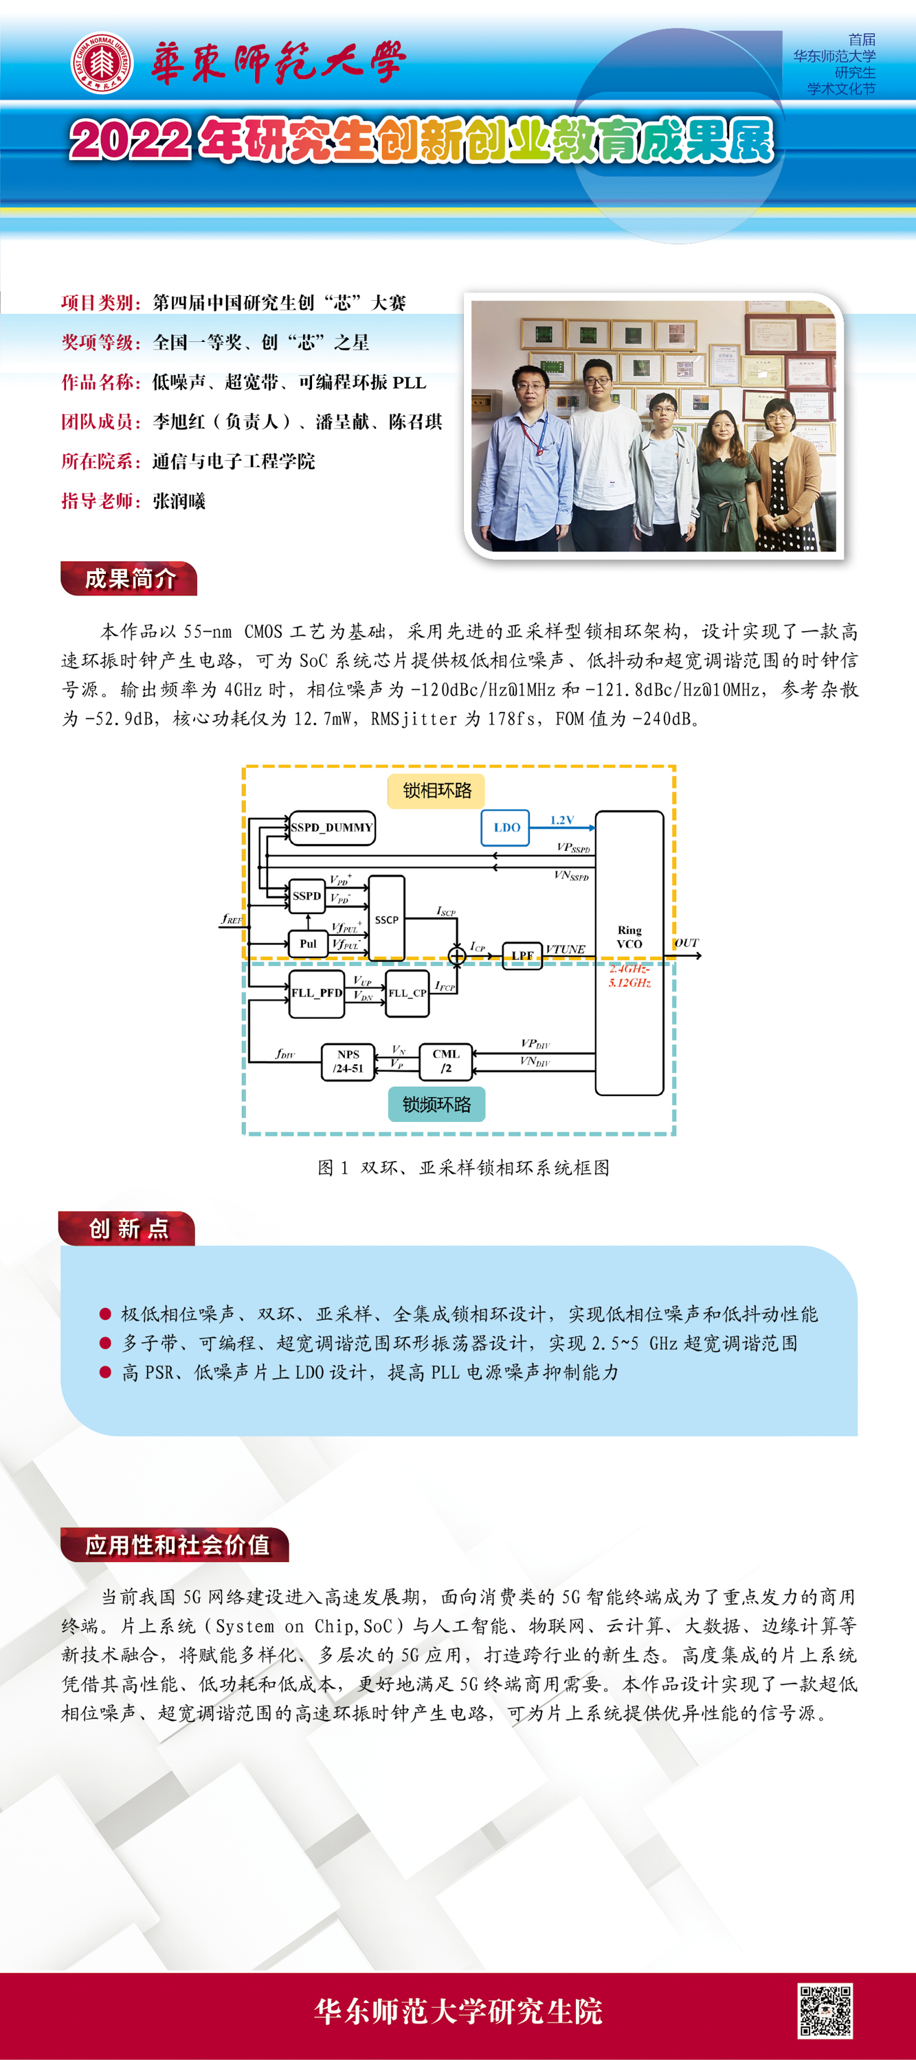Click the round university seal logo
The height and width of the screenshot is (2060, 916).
101,62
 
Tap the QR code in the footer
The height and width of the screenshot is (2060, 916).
824,2010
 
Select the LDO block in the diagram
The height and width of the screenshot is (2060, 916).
506,827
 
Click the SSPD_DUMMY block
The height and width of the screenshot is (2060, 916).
331,827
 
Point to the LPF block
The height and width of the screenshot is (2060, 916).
522,956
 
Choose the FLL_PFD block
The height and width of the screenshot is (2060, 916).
316,993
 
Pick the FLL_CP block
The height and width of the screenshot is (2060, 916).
407,993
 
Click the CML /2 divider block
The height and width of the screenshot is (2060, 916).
445,1061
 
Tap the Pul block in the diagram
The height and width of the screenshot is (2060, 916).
308,943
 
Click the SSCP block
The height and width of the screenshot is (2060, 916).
386,919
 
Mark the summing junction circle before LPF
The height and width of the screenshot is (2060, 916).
457,956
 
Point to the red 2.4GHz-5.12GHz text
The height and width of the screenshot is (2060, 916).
629,976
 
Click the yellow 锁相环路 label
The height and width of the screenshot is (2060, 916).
437,791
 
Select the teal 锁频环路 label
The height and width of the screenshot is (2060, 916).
437,1104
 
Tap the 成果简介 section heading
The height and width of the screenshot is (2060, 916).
130,579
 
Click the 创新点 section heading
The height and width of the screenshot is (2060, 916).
128,1228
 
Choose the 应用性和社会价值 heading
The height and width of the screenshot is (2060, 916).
176,1545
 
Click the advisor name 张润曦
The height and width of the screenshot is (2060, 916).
179,501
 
